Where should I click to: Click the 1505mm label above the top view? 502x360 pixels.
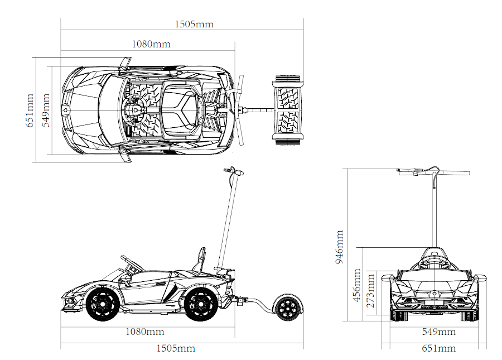[x=194, y=24]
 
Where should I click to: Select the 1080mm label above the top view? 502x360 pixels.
[x=151, y=44]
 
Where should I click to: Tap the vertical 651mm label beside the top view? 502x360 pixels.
[x=32, y=110]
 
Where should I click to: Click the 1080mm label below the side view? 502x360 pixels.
[x=144, y=332]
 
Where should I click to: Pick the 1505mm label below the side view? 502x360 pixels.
[x=176, y=348]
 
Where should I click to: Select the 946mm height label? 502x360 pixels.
[x=340, y=246]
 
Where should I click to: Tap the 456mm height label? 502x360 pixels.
[x=356, y=285]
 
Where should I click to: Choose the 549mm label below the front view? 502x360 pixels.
[x=438, y=332]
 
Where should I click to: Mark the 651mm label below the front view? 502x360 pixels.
[x=438, y=349]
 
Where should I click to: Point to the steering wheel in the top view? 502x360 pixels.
[x=136, y=110]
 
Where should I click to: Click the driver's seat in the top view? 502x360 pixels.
[x=179, y=110]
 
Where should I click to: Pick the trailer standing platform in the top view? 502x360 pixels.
[x=288, y=110]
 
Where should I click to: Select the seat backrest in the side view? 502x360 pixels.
[x=201, y=258]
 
